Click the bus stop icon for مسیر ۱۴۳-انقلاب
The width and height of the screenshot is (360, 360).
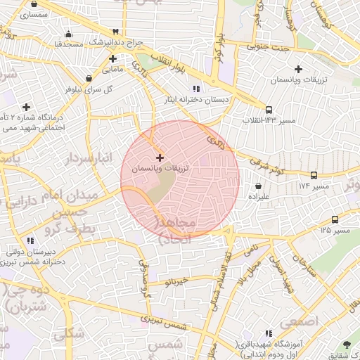point(269,110)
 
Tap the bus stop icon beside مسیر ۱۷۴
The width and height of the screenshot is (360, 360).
point(314,175)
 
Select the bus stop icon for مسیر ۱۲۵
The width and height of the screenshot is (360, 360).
point(335,219)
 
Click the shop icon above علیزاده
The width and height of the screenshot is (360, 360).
point(259,186)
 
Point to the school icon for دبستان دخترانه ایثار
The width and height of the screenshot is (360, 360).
point(196,89)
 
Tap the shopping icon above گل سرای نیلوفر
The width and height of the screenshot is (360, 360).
point(89,79)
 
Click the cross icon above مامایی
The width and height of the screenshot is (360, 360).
point(112,58)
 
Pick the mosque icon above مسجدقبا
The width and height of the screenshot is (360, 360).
point(67,34)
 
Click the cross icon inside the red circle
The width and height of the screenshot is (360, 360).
point(160,157)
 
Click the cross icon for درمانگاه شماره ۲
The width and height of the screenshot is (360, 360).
point(27,107)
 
